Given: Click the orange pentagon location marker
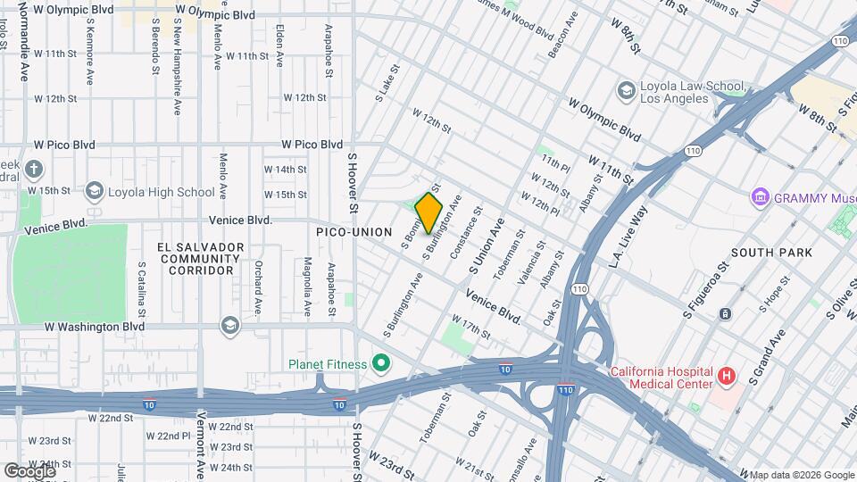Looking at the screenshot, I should click(x=429, y=214).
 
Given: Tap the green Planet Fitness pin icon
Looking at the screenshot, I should click(x=382, y=363).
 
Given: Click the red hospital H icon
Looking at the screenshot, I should click(x=726, y=377).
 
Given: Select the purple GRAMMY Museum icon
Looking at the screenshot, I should click(x=761, y=196).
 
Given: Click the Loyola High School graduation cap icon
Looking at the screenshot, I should click(x=94, y=191).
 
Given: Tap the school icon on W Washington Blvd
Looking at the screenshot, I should click(x=230, y=327).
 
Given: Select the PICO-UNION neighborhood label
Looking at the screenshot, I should click(x=354, y=232).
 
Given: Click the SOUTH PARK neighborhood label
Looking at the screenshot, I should click(x=771, y=253).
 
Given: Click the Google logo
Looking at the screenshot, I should click(x=29, y=470).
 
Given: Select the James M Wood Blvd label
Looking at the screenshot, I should click(x=515, y=17).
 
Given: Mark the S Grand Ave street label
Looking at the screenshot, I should click(x=767, y=357).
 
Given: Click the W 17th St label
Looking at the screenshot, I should click(x=470, y=326).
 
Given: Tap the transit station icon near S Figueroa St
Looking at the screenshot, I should click(x=724, y=313).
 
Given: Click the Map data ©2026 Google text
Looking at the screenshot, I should click(x=801, y=475).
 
